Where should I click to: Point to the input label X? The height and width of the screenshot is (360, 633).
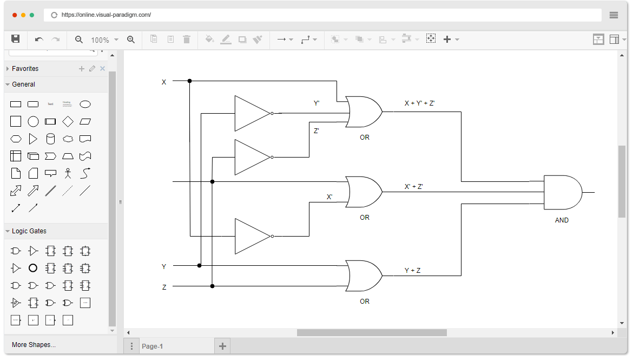164,82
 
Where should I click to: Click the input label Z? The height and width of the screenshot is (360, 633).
164,287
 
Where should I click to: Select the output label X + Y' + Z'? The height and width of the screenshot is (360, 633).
419,103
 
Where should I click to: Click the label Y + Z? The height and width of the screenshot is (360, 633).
412,271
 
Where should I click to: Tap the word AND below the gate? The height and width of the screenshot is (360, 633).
562,220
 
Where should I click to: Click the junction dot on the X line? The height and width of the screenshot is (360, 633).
189,81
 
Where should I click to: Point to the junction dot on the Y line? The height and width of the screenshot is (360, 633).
200,265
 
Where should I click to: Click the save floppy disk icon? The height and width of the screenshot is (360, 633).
16,39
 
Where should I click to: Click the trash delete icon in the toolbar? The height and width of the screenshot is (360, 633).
187,39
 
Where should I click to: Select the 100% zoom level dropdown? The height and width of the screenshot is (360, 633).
104,40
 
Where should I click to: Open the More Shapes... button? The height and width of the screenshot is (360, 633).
34,345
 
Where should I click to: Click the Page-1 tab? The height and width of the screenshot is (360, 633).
152,346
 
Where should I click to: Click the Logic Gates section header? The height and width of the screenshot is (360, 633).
29,231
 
